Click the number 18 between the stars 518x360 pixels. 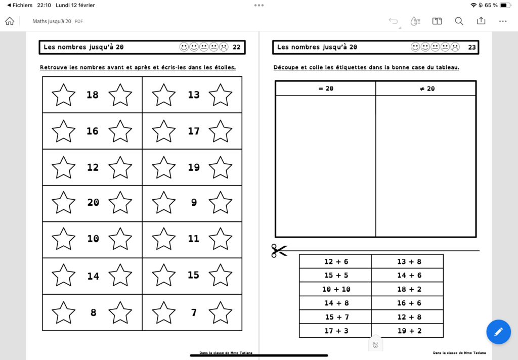[x=93, y=95]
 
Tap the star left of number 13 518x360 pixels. [x=164, y=95]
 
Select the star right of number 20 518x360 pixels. [x=120, y=203]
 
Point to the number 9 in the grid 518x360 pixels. [x=194, y=202]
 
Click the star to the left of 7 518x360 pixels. [x=164, y=312]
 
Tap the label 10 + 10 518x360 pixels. [x=336, y=289]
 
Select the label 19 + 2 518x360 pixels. [x=409, y=331]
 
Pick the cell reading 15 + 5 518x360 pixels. [x=336, y=276]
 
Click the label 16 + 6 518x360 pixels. [x=409, y=303]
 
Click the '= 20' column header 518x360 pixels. [x=326, y=88]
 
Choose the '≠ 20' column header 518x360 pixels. [x=427, y=88]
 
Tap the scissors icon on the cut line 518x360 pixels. [x=279, y=250]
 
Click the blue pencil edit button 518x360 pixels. [x=498, y=332]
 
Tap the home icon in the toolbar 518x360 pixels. [x=10, y=21]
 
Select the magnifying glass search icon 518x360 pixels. [x=459, y=21]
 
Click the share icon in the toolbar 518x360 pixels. [x=481, y=21]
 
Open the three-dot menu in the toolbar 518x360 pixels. [x=503, y=21]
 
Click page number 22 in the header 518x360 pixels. [x=237, y=48]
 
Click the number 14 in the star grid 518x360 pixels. [x=93, y=276]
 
